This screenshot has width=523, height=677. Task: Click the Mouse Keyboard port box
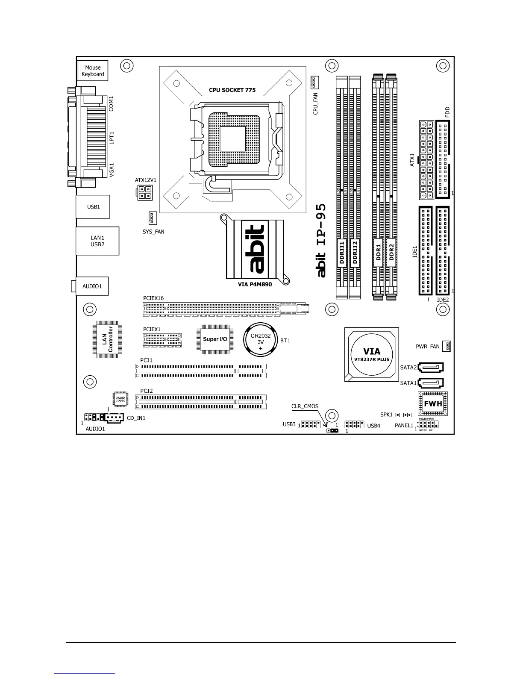point(93,71)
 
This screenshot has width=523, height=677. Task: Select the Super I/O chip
point(215,339)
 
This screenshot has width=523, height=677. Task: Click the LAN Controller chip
point(107,339)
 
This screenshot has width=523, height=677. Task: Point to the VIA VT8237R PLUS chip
point(371,355)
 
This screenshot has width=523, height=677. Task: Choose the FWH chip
point(432,403)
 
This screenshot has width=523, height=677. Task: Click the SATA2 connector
point(431,367)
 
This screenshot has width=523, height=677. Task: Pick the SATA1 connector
point(431,383)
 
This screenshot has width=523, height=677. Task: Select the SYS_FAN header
point(153,218)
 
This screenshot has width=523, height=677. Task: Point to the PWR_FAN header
point(447,346)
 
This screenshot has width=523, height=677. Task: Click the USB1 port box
point(93,207)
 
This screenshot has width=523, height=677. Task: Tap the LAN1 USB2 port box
point(97,241)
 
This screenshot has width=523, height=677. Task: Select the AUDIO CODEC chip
point(120,399)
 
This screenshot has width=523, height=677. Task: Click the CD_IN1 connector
point(114,418)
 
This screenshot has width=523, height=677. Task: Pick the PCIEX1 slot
point(162,340)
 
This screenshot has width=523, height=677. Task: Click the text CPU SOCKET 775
point(232,90)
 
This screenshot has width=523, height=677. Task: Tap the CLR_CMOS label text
point(305,406)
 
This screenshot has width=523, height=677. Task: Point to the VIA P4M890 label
point(255,285)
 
